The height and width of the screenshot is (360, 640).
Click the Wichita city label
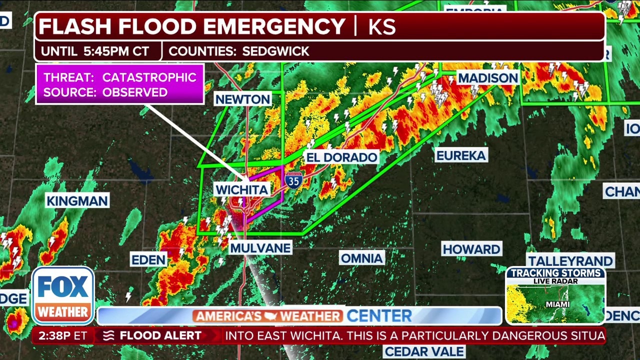pos(242,189)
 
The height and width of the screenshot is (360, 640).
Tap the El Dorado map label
pos(341,157)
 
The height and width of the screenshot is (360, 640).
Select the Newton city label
pos(243,99)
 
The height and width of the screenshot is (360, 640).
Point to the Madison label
pos(488,78)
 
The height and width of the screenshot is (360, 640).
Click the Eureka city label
pos(461,155)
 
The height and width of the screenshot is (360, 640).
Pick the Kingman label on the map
pos(77,201)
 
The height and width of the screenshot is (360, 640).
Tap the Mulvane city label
pos(260,248)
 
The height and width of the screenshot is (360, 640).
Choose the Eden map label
pos(148,259)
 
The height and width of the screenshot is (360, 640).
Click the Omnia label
pos(362,258)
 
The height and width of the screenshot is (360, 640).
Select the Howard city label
pos(471,249)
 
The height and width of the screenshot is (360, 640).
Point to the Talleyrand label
pos(570,261)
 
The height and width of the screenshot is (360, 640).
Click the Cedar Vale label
pos(424,351)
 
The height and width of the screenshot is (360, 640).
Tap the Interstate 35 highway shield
pos(293,179)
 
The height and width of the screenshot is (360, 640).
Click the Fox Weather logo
pos(63,295)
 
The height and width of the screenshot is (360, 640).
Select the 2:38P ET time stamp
pos(63,336)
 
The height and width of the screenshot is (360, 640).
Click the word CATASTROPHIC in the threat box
pos(149,77)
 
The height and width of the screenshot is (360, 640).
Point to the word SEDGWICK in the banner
pos(275,51)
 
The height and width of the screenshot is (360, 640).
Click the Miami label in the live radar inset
pos(557,304)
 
